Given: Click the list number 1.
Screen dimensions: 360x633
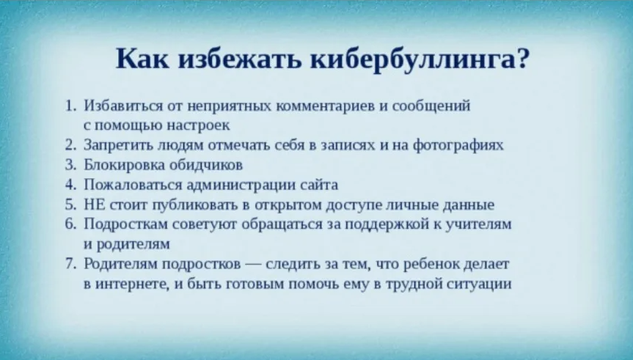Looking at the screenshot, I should tap(71, 106).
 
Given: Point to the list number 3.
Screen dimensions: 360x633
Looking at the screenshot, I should tap(71, 164).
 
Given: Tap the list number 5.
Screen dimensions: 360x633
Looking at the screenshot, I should tap(71, 204).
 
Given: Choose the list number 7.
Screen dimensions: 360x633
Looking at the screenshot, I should tap(71, 263).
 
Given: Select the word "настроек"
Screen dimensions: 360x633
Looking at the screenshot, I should tap(202, 125).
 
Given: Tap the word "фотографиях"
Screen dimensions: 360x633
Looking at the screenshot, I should tap(464, 144).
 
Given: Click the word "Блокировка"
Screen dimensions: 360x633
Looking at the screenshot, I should tap(117, 164).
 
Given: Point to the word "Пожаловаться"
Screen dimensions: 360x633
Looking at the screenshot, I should tap(126, 184).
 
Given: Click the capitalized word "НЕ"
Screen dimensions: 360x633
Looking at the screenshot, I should tap(93, 204).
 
